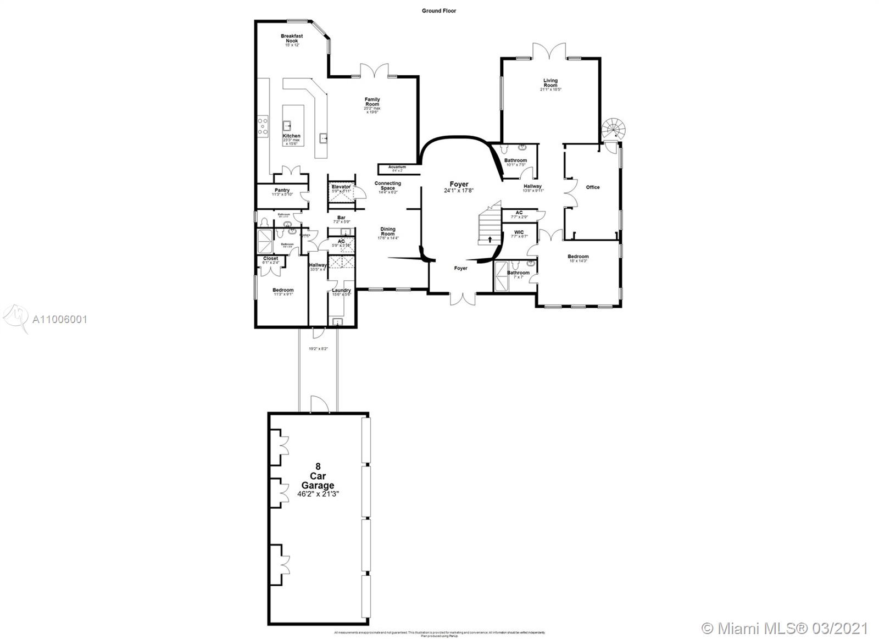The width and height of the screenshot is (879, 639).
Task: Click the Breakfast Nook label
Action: pos(292,38)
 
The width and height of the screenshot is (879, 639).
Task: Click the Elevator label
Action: pos(341,187)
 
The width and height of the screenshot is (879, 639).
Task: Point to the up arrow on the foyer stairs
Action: pos(489,240)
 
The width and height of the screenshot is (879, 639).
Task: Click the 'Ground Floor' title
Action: pos(439,10)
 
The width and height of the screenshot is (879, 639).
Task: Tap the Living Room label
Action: pos(550,82)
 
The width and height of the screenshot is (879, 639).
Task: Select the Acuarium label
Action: pos(397,167)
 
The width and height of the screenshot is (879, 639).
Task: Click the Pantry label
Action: pos(282,190)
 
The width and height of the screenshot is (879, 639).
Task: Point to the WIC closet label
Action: pos(519,232)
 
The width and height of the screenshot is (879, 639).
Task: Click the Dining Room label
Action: pos(388,231)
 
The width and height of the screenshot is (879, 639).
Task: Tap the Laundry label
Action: pos(341,291)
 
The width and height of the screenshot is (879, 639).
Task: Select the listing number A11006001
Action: pos(59,319)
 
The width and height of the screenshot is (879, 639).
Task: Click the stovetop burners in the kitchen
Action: pos(263,126)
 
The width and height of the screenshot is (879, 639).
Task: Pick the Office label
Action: pos(593,187)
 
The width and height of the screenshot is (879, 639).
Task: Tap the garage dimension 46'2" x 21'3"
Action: pos(318,494)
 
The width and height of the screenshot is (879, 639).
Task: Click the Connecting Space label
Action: pos(388,186)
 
